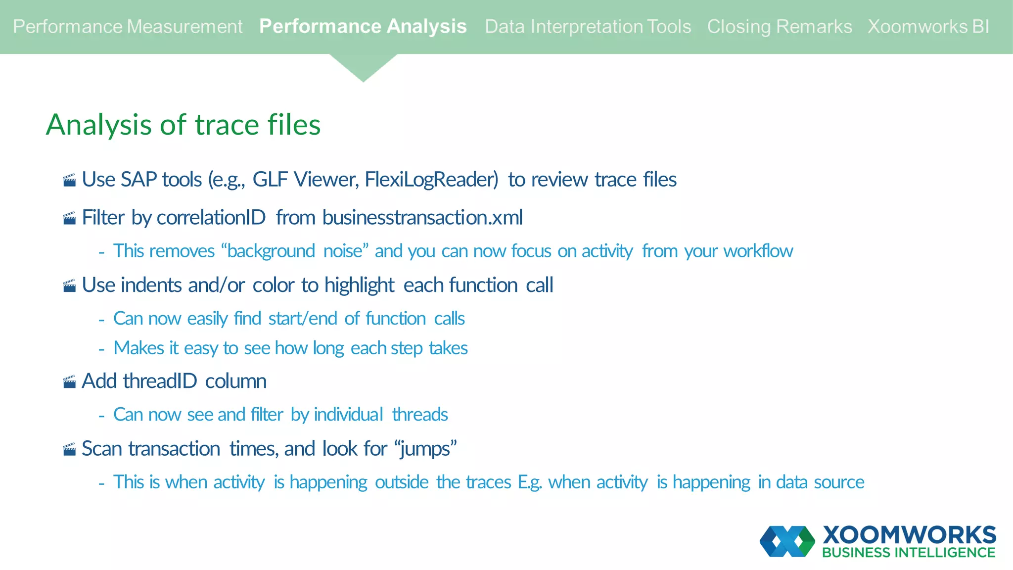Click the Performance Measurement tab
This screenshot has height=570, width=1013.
point(128,27)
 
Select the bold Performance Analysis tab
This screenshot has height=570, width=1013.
point(363,27)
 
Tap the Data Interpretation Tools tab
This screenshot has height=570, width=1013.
point(588,27)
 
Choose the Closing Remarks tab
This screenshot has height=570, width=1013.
point(779,27)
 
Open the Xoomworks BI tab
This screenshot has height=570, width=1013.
point(928,27)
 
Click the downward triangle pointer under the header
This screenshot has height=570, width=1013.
point(363,67)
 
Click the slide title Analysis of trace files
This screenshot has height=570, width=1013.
point(183,124)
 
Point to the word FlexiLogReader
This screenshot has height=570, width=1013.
point(431,180)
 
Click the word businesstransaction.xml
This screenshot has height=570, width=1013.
point(422,218)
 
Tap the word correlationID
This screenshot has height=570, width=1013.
point(211,218)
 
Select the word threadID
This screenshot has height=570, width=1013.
point(160,381)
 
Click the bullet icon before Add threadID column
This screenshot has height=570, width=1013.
point(70,381)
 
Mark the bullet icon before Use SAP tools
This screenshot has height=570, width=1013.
point(70,180)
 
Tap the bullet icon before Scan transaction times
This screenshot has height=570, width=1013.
point(70,449)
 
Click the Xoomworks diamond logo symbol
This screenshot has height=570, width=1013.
point(787,541)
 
